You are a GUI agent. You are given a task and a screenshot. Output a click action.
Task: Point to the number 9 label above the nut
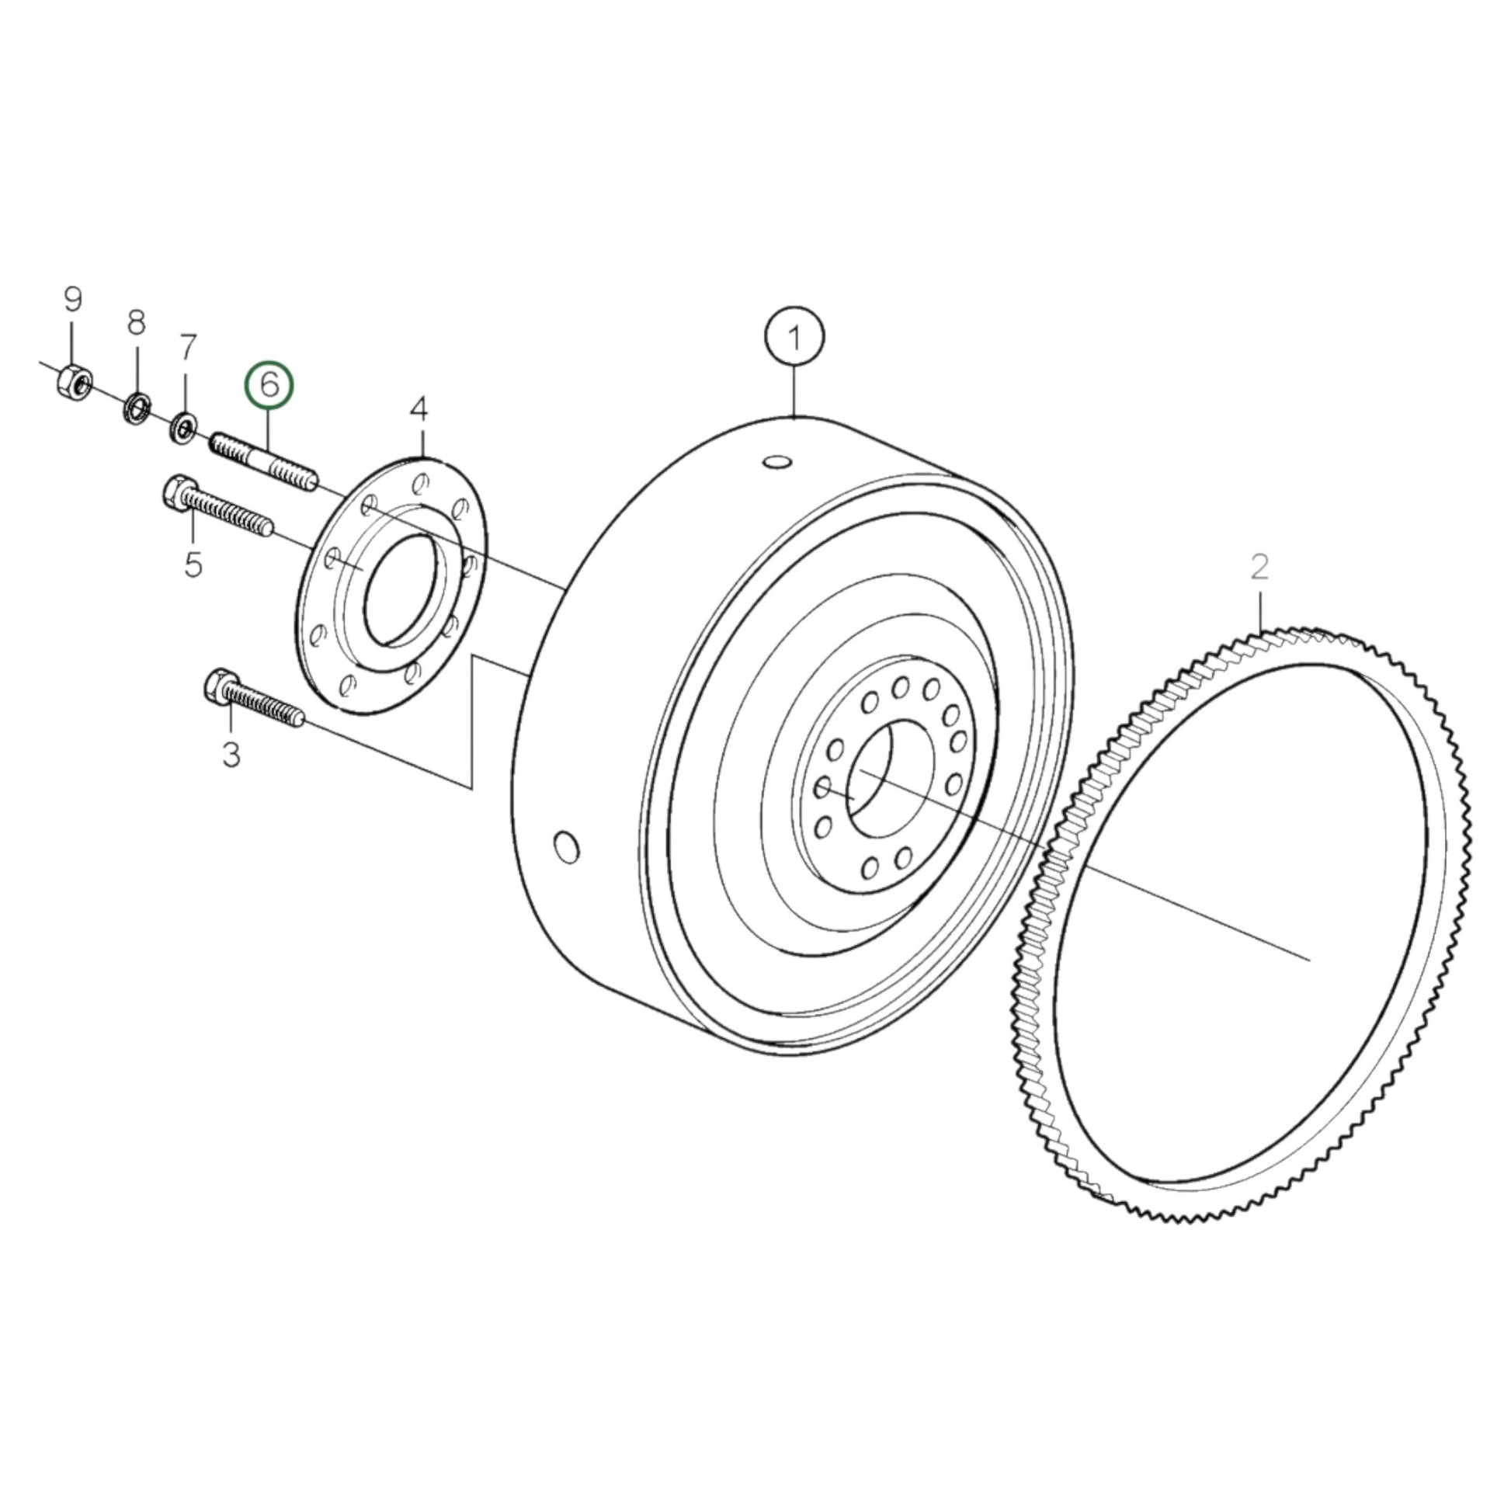[72, 299]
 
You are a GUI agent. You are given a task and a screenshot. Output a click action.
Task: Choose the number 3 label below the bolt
[231, 755]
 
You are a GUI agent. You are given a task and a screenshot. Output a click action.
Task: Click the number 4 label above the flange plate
[419, 408]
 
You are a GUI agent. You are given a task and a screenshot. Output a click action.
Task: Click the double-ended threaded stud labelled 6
[263, 464]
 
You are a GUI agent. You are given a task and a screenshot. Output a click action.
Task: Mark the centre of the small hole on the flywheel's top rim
[777, 464]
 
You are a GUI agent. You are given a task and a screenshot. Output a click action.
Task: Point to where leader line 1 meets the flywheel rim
[794, 419]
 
